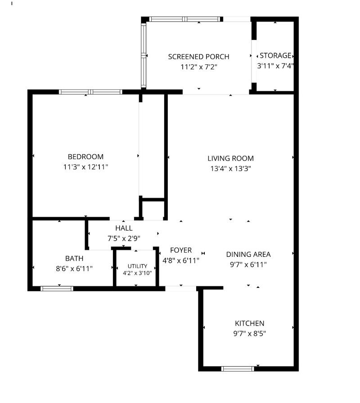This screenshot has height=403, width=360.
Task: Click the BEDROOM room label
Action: tap(85, 157)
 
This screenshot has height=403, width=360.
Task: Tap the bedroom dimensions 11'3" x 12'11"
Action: tap(85, 167)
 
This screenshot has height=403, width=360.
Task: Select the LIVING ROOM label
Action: tap(231, 158)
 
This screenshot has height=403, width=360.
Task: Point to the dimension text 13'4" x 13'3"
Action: tap(231, 169)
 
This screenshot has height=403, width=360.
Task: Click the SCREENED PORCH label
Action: tap(198, 57)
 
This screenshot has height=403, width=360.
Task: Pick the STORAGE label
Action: tap(275, 55)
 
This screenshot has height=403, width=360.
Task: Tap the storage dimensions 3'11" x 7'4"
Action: tap(275, 66)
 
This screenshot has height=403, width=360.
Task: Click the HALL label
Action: tap(124, 228)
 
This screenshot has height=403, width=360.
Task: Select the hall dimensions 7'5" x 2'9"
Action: tap(124, 238)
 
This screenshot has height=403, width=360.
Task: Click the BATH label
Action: tap(74, 258)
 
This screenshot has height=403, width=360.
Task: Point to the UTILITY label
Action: tap(138, 266)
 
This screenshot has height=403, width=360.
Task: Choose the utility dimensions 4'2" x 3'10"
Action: tap(137, 273)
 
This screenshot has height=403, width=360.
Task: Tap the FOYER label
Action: tap(181, 250)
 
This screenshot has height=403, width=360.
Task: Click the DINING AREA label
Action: tap(248, 254)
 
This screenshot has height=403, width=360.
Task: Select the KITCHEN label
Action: tap(250, 323)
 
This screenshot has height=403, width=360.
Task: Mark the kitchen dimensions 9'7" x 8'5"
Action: tap(250, 333)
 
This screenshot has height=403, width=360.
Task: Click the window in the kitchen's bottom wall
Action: tap(238, 369)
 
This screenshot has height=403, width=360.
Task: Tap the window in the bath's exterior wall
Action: tap(57, 289)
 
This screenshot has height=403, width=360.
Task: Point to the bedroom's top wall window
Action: tap(90, 92)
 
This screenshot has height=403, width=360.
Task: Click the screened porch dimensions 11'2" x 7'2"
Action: tap(199, 67)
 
